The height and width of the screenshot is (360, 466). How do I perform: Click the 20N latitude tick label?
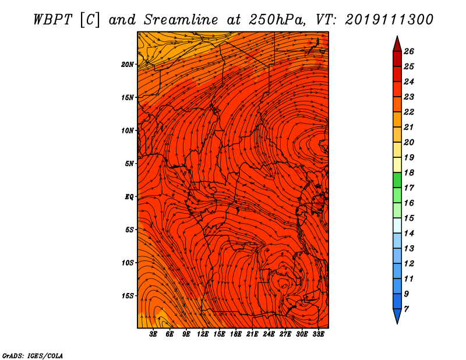click(128, 65)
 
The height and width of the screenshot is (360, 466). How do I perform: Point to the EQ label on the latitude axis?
click(129, 197)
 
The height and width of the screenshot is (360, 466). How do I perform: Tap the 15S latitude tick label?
click(128, 296)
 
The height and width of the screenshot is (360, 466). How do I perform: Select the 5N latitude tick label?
click(129, 164)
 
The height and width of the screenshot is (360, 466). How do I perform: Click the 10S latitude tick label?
click(128, 263)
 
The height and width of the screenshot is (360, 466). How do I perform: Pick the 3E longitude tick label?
click(153, 334)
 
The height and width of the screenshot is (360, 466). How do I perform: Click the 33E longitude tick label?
click(318, 334)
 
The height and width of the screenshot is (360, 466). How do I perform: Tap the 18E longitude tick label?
click(236, 334)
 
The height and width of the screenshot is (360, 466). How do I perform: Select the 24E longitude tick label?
click(269, 334)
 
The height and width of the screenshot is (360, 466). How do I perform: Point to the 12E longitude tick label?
click(203, 334)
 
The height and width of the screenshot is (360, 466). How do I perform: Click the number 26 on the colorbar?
click(409, 51)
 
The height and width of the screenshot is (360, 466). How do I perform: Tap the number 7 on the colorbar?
click(407, 309)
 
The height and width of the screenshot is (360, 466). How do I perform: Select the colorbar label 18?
click(409, 172)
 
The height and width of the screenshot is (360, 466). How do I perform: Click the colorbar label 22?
click(409, 112)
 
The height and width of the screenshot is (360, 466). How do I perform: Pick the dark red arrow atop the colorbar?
click(397, 45)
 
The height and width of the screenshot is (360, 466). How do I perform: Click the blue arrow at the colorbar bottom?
click(397, 316)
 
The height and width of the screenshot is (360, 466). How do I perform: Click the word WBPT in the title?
click(53, 20)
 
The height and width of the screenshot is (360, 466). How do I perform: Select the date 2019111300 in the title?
click(389, 20)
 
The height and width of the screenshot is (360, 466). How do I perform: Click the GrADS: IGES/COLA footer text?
click(33, 356)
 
